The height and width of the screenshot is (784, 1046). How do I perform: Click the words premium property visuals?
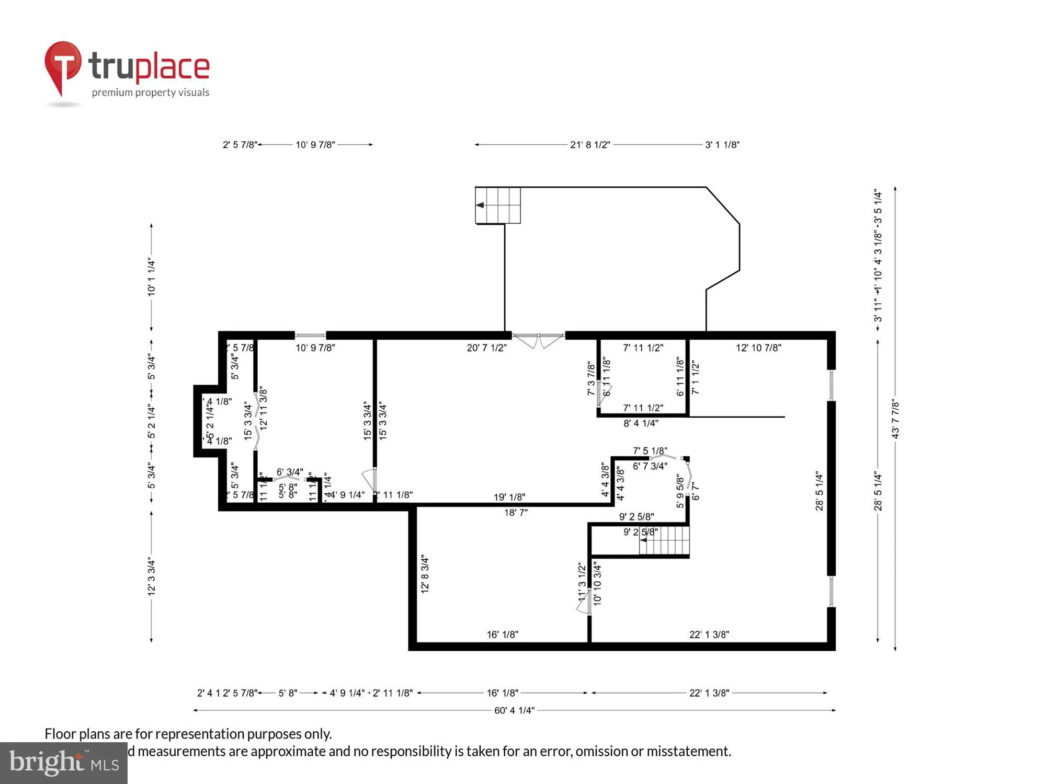point(151,93)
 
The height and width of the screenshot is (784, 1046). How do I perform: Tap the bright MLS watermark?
point(64,763)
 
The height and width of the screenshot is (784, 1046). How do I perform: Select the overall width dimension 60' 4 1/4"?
point(514,710)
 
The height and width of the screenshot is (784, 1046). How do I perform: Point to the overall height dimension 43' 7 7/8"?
point(895,419)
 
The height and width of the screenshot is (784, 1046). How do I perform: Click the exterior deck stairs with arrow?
point(497,205)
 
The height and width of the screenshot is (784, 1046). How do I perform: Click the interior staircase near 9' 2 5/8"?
point(664,540)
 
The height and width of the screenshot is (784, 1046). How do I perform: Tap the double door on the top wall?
point(538,340)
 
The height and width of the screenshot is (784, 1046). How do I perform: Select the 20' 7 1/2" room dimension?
point(486,348)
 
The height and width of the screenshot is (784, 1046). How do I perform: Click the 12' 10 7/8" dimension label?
point(758,348)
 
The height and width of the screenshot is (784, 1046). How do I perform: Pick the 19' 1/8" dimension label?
point(509,497)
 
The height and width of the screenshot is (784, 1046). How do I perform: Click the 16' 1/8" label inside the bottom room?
point(502,635)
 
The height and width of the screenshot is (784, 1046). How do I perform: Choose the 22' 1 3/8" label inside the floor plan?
point(709,635)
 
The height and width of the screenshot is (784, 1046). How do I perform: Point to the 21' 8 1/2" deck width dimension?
point(590,145)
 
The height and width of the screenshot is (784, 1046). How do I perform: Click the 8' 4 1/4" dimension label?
point(641,423)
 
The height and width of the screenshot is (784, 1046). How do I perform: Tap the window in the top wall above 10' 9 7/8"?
point(311,336)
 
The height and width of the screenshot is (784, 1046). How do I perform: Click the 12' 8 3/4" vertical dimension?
point(425,573)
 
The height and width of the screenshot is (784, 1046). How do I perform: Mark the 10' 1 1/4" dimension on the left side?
point(152,276)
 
